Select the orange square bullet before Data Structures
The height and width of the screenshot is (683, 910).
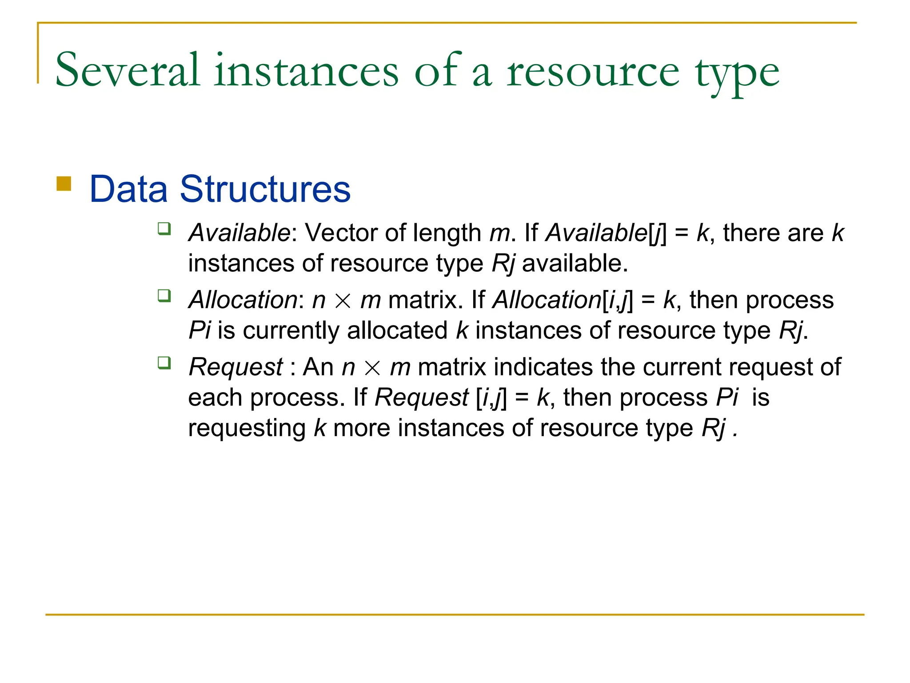tap(64, 184)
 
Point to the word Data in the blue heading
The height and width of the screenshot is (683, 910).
tap(128, 189)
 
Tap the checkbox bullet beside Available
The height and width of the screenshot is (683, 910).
tap(164, 229)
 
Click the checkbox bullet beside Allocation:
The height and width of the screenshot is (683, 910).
tap(164, 296)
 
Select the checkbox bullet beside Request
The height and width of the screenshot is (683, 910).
tap(164, 363)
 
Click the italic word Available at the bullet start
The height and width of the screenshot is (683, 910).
tap(239, 233)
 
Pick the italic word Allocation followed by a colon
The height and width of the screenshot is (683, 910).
tap(243, 300)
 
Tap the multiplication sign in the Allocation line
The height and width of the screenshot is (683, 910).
tap(343, 301)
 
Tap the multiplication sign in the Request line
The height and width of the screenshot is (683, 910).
tap(372, 368)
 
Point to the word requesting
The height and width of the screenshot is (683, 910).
tap(247, 428)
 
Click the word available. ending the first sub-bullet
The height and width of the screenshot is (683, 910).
tap(575, 263)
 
